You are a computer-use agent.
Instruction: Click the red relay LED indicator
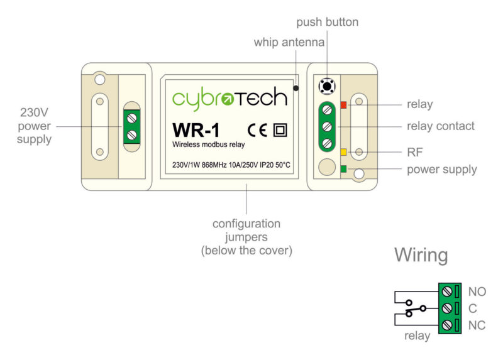click(343, 104)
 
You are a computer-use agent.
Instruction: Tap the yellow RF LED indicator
click(343, 152)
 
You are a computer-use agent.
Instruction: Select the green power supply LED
click(343, 168)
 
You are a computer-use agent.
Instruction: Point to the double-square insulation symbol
click(280, 130)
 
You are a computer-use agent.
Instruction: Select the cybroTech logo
click(229, 98)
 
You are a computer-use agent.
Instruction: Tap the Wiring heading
click(421, 256)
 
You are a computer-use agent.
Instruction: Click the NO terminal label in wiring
click(477, 292)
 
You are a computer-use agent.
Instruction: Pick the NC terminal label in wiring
click(477, 325)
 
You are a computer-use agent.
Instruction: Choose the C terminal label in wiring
click(473, 308)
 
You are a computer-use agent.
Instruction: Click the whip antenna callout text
click(290, 43)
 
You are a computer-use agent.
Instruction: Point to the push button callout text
click(327, 23)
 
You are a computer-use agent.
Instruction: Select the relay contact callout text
click(440, 126)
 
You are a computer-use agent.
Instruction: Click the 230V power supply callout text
click(34, 126)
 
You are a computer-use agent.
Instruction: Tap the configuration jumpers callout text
click(246, 237)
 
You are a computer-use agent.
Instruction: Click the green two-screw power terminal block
click(131, 126)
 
